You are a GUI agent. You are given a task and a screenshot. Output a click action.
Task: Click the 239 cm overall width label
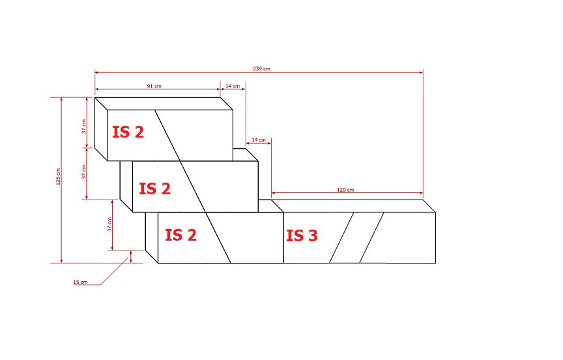262,68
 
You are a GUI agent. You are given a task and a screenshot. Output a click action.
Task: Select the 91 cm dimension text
154,85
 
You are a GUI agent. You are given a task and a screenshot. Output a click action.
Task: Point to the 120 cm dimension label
345,190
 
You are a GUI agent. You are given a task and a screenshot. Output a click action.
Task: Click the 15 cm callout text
80,282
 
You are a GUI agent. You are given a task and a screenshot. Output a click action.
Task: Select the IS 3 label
302,235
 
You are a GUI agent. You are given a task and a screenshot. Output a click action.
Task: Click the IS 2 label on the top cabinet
128,132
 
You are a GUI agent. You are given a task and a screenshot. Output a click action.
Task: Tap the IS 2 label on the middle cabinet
154,188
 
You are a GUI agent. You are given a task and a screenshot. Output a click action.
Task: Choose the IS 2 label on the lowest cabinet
180,235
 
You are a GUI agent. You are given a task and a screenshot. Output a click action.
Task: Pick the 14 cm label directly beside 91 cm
233,85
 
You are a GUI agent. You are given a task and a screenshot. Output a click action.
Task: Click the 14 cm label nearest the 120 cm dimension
258,140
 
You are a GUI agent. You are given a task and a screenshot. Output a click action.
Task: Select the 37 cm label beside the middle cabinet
83,172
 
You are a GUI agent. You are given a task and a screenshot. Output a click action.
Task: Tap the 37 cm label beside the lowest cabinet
109,224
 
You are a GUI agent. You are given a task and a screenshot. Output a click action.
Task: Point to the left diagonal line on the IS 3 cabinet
341,237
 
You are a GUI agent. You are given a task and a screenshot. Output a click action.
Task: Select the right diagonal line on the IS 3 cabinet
371,237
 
